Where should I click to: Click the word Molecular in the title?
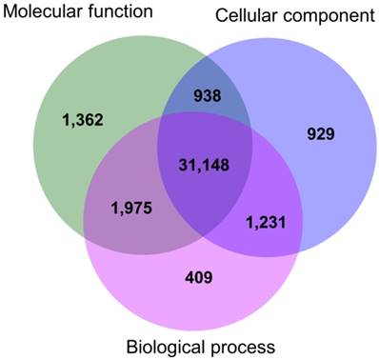tap(45, 12)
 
